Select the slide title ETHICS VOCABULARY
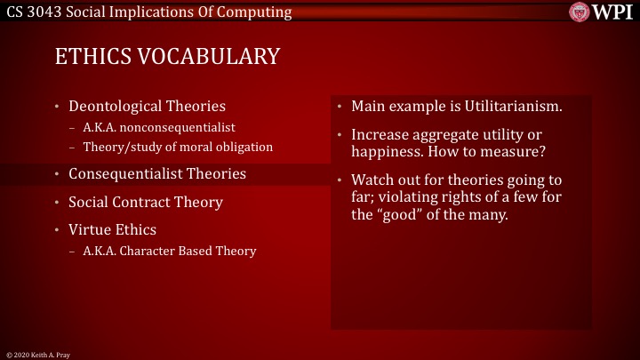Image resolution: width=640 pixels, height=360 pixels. pos(167,57)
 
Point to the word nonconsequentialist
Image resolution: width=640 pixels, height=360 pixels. pos(183,127)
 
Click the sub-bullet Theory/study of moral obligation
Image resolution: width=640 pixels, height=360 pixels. pos(178,146)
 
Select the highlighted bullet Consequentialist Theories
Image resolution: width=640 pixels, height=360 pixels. pos(157,173)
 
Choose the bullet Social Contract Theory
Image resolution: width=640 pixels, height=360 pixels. pos(146,202)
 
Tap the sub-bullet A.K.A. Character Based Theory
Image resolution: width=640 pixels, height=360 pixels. pos(169,251)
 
